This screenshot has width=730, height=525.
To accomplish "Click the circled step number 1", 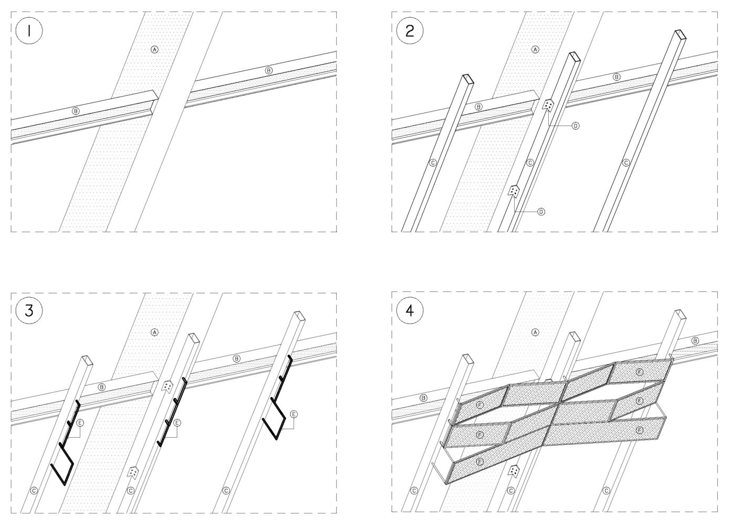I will click(29, 31).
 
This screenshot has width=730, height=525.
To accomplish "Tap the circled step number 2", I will click(410, 31).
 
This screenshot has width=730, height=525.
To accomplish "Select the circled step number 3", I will click(29, 310).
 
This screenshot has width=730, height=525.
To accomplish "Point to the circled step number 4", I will click(410, 310).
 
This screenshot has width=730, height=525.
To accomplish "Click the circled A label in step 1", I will click(154, 49).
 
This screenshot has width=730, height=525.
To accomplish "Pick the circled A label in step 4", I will click(535, 332).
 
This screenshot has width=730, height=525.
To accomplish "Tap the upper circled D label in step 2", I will click(576, 126).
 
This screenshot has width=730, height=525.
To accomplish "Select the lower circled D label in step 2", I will click(541, 212).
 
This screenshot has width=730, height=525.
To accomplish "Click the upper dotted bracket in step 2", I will click(548, 105).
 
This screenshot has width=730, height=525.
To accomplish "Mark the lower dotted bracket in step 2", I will click(514, 191).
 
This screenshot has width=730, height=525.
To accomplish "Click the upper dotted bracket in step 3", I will click(167, 386).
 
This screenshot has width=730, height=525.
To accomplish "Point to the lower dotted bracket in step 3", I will click(133, 472).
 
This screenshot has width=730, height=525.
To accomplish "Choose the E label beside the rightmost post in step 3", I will click(294, 414).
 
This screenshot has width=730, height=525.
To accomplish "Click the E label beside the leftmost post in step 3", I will click(80, 423).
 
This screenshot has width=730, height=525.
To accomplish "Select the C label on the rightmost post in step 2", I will click(625, 163).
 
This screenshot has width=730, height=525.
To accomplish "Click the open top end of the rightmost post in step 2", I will click(680, 35).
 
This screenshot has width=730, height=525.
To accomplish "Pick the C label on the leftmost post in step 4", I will click(414, 490).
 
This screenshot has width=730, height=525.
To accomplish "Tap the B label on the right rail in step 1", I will click(269, 70).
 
